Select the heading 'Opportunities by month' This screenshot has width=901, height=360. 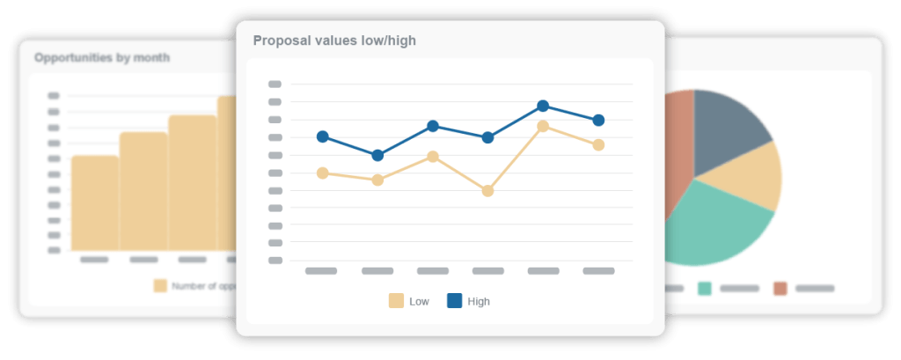pyautogui.click(x=102, y=58)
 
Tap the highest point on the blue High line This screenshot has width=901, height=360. pyautogui.click(x=543, y=106)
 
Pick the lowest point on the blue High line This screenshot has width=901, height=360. pyautogui.click(x=377, y=155)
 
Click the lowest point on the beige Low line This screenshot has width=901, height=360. pyautogui.click(x=487, y=190)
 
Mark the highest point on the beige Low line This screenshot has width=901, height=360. pyautogui.click(x=543, y=126)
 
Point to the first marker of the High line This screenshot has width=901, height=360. pyautogui.click(x=322, y=136)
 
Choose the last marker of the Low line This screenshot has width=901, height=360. pyautogui.click(x=598, y=144)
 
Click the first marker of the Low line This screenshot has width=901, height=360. pyautogui.click(x=322, y=173)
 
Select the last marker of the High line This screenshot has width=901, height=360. pyautogui.click(x=598, y=120)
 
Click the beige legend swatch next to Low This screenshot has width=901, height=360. pyautogui.click(x=396, y=301)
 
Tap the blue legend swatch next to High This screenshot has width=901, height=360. pyautogui.click(x=454, y=301)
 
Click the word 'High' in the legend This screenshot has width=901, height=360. pyautogui.click(x=479, y=302)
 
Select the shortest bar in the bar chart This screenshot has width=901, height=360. pyautogui.click(x=95, y=203)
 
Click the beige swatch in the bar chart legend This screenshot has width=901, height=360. pyautogui.click(x=160, y=285)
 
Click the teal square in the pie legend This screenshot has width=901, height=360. pyautogui.click(x=705, y=288)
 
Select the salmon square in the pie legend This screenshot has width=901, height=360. pyautogui.click(x=780, y=288)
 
